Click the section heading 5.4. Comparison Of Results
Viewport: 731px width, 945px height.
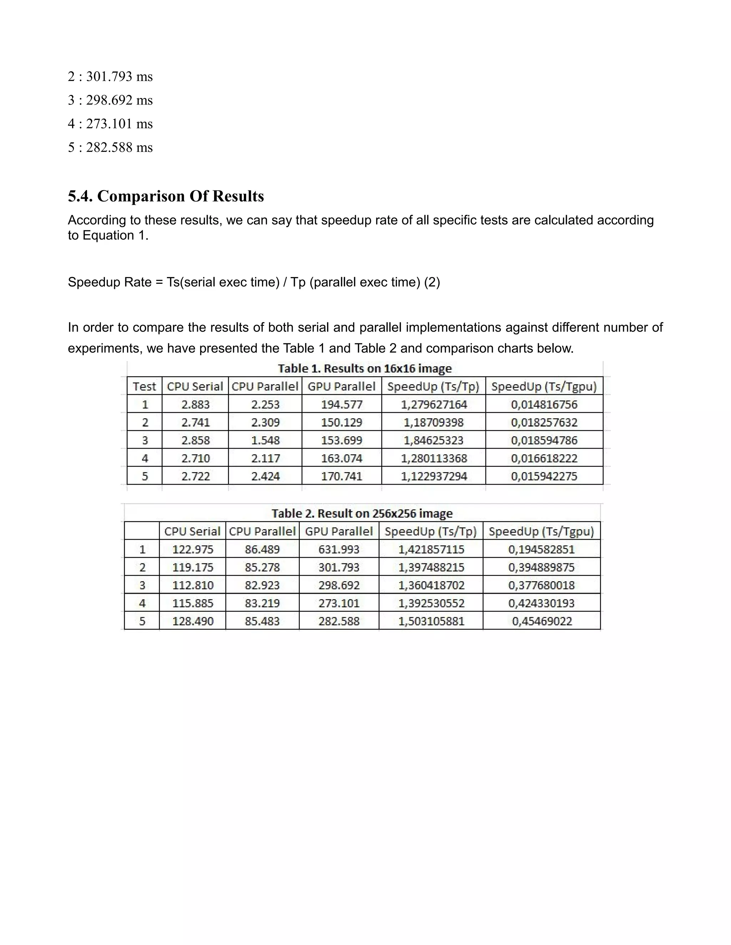click(166, 196)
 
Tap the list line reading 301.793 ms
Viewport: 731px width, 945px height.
click(110, 77)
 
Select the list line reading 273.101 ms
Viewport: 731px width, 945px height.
click(110, 124)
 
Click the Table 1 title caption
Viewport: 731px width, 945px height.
click(365, 369)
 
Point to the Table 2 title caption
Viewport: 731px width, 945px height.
click(362, 514)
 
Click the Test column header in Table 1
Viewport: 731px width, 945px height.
click(144, 387)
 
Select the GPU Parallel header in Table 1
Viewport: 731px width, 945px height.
click(342, 387)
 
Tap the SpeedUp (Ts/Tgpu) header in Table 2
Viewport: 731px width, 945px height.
click(541, 531)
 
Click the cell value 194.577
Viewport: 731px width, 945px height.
click(342, 405)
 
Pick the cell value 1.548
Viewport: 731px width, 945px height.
click(266, 440)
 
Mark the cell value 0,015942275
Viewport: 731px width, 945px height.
click(544, 476)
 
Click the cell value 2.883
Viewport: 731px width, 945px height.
click(195, 405)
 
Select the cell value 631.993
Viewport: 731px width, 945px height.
click(339, 550)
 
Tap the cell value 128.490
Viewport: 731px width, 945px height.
click(193, 621)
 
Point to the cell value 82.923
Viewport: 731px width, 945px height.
click(262, 586)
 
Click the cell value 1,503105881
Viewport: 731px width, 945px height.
click(431, 621)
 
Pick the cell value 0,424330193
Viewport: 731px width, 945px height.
click(541, 603)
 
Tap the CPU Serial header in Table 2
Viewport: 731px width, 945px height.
click(192, 531)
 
